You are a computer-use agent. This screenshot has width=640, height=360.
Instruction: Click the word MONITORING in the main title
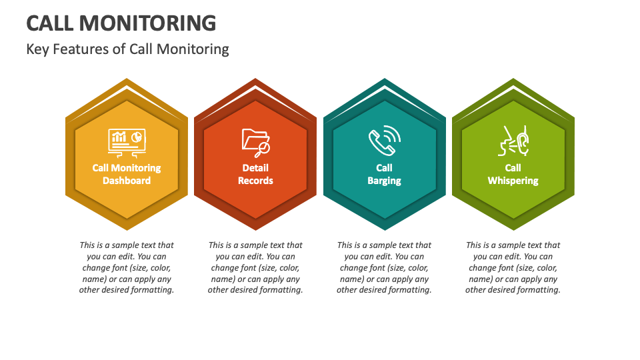[148, 23]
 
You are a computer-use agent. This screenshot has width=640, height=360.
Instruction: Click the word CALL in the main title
[50, 23]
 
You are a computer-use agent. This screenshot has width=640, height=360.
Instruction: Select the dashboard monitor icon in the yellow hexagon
[127, 141]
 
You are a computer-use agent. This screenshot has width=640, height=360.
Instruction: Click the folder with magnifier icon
[255, 141]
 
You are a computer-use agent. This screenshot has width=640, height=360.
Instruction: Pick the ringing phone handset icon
[385, 141]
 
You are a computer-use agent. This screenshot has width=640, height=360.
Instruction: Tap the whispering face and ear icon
[513, 141]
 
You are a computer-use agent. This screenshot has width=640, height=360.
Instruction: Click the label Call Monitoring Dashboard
[127, 174]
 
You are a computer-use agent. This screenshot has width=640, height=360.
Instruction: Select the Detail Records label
[255, 174]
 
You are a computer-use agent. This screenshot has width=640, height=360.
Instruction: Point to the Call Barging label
[384, 174]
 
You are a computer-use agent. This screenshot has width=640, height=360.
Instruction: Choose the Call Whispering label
[513, 174]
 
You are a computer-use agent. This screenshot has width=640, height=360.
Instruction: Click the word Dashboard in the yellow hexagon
[127, 181]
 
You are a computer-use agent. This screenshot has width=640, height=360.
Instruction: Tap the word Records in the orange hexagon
[255, 181]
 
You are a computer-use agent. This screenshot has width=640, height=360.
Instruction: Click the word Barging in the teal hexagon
[384, 181]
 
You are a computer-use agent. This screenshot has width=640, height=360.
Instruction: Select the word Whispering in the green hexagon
[513, 181]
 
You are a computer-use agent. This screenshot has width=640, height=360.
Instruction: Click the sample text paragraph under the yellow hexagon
[127, 267]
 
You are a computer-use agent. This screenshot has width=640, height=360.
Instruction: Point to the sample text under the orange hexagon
[255, 267]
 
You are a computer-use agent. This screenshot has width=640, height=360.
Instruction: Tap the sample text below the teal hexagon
[384, 267]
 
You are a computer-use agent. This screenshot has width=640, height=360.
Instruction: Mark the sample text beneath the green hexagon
[513, 267]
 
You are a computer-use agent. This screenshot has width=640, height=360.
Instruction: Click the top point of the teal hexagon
[385, 80]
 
